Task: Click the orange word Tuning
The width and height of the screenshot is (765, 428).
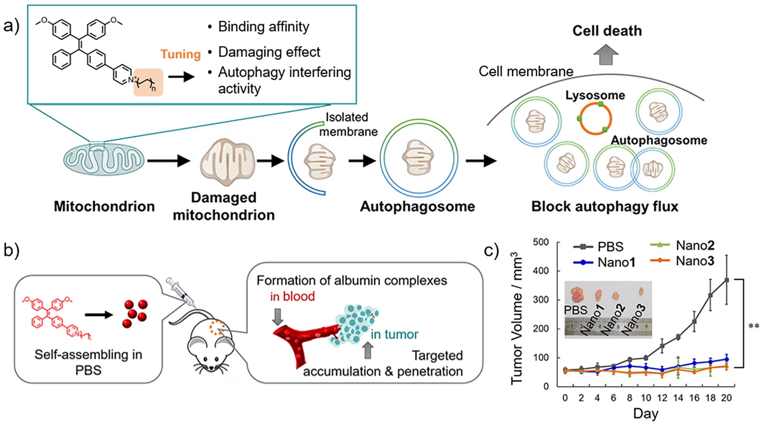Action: point(180,54)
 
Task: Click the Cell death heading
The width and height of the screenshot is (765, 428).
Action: point(607,31)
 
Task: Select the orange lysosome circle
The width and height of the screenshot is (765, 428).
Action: point(595,118)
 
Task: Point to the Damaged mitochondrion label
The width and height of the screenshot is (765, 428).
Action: point(224,206)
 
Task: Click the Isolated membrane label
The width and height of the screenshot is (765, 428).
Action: point(347,124)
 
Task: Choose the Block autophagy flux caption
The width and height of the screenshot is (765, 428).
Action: point(605,206)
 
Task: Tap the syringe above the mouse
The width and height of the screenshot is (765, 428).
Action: point(182,292)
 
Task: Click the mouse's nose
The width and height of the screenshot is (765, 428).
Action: point(212,368)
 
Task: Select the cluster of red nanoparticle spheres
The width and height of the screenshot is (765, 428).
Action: point(135,314)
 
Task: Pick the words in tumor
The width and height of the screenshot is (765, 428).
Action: point(394,334)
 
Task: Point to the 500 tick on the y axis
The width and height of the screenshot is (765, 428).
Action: point(540,242)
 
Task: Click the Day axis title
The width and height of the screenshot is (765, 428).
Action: point(645,413)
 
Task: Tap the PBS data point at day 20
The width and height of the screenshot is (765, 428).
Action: point(727,280)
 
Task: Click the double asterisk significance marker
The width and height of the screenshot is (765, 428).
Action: point(753,326)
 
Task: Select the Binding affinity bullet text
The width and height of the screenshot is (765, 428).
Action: point(263,27)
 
